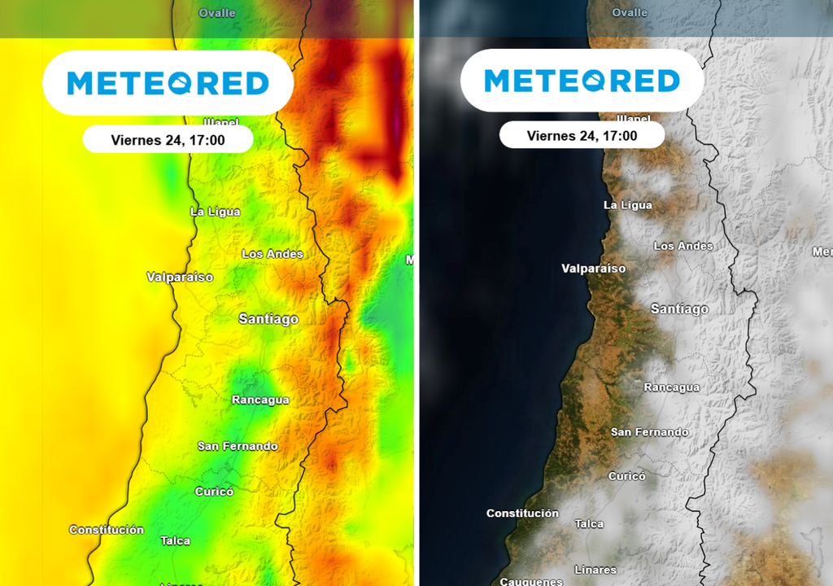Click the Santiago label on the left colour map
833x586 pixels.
tap(268, 319)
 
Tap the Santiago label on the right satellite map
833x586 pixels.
tap(679, 309)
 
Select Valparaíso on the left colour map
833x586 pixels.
tap(180, 278)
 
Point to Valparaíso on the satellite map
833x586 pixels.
tap(594, 269)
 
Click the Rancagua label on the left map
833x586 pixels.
tap(260, 400)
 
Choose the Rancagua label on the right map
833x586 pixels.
tap(671, 387)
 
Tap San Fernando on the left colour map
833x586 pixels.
tap(238, 446)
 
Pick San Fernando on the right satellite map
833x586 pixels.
tap(649, 432)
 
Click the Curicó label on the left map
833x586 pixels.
tap(214, 492)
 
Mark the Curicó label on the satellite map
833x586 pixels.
tap(626, 476)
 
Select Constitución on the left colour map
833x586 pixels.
tap(107, 530)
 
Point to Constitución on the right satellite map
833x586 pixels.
tap(522, 514)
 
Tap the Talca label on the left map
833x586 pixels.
tap(175, 540)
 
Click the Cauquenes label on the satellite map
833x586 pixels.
tap(530, 581)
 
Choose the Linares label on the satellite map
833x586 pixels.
tap(595, 570)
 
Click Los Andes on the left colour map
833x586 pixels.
tap(273, 254)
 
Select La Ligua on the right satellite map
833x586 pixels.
tap(627, 205)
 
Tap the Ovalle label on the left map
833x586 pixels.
tap(217, 13)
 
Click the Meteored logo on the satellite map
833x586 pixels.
tap(582, 81)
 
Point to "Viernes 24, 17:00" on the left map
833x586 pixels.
tap(168, 140)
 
